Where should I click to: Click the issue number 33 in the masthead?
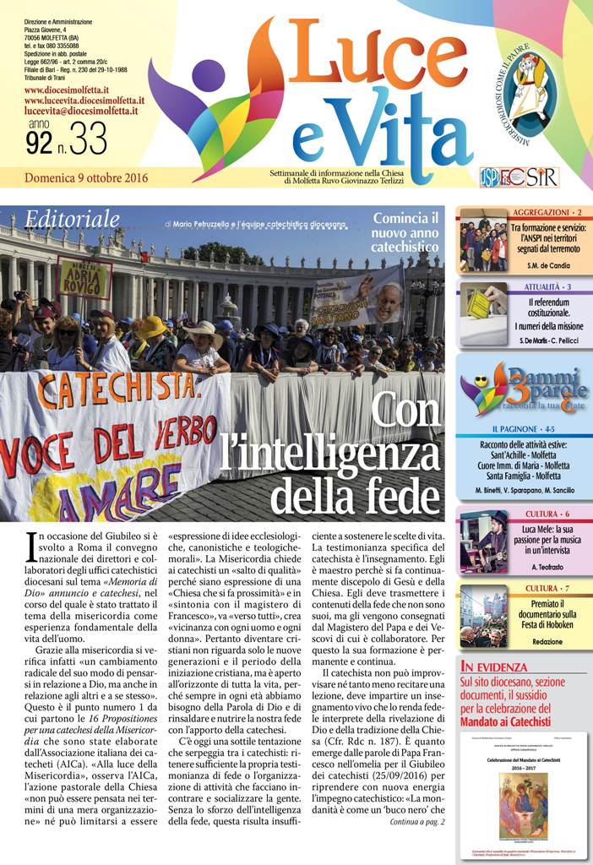click(x=88, y=141)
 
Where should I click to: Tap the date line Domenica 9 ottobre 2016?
click(x=86, y=177)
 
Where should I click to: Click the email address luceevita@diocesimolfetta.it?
click(x=82, y=111)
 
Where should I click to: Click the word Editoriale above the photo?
click(x=72, y=219)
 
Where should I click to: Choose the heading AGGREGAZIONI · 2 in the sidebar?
click(x=547, y=211)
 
